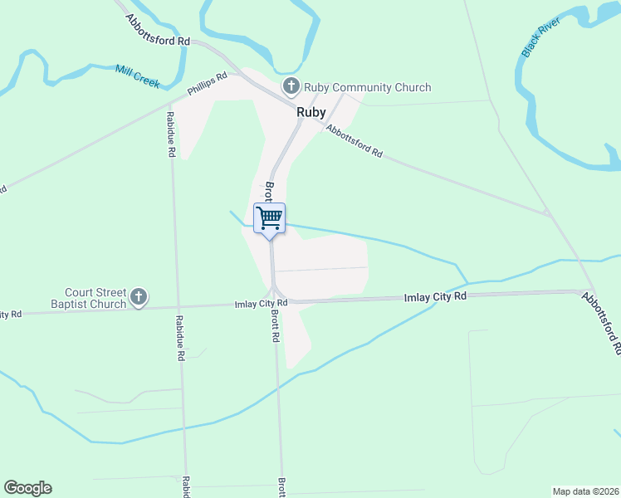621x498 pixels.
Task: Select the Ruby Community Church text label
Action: (x=367, y=87)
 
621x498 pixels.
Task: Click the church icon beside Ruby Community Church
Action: (x=291, y=85)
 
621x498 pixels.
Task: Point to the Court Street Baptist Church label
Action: (x=95, y=297)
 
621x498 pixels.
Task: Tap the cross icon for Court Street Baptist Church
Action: (x=139, y=296)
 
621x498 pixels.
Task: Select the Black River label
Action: (x=540, y=36)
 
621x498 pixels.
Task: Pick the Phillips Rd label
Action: (x=207, y=85)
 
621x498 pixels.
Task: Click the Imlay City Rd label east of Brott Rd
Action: (x=435, y=296)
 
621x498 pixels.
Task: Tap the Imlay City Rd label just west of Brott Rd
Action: (x=261, y=304)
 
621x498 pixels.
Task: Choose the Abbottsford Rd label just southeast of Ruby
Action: (x=355, y=141)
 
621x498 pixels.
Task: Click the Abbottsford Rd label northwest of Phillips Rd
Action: (x=158, y=29)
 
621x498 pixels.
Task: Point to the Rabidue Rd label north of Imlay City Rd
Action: (x=171, y=134)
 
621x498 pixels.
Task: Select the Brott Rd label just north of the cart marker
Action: (x=269, y=192)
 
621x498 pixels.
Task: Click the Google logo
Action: (x=27, y=488)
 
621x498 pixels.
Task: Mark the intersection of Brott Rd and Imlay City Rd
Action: (x=274, y=301)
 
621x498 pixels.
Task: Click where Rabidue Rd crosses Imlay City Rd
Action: (x=174, y=305)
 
